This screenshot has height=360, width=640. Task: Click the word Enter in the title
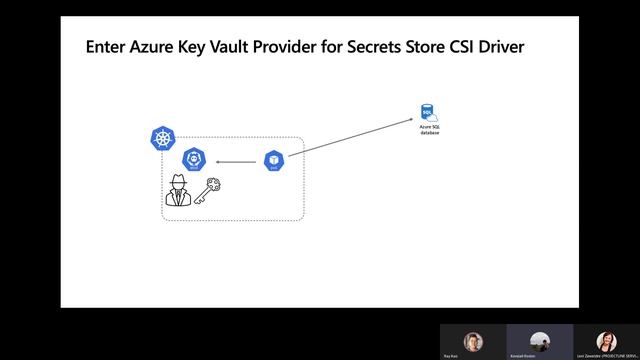107,46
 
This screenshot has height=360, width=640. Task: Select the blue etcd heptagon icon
194,160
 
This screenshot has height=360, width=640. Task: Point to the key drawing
206,190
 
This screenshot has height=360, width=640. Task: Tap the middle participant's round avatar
540,340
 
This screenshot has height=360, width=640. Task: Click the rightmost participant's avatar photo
605,340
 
